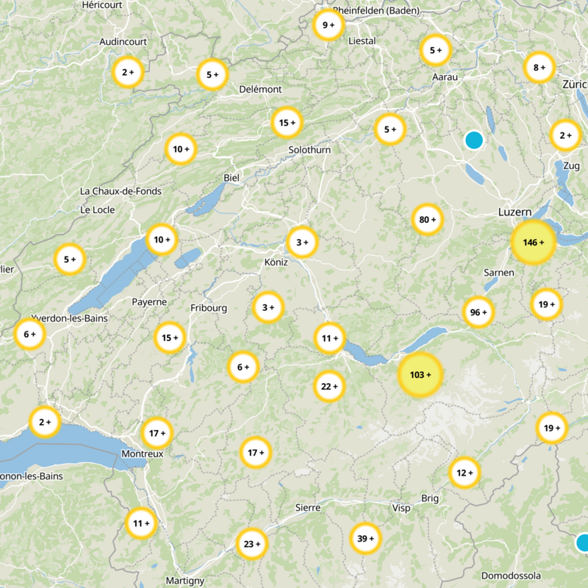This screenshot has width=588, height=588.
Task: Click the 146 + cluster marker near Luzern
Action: point(533,243)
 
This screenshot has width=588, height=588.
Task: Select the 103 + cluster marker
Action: point(420,375)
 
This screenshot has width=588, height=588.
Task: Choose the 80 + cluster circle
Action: point(427,219)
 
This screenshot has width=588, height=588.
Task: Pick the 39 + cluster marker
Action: point(365,539)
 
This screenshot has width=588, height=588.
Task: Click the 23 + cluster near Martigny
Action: point(252,544)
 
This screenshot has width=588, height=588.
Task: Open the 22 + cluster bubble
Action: point(329,386)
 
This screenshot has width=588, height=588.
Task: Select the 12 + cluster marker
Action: point(465,473)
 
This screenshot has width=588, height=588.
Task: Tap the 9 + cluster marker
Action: point(328,25)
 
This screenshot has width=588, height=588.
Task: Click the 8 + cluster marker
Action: point(539,68)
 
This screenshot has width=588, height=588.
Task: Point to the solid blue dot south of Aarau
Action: point(474,139)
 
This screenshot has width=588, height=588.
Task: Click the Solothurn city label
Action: point(309,150)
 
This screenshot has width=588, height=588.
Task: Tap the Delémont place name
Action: point(260,89)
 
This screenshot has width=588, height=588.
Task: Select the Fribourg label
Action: point(209,308)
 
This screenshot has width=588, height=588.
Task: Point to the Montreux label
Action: point(142,454)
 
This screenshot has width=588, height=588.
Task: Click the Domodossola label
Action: point(511,576)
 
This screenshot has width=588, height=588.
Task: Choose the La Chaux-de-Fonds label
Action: point(121,191)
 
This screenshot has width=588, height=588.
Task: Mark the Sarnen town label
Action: point(499,273)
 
